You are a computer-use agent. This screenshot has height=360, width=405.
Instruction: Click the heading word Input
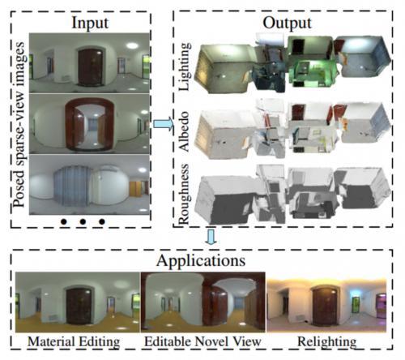pos(90,23)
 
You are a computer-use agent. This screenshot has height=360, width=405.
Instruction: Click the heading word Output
pos(287,23)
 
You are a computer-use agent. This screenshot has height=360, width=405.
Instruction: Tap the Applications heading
pos(201,260)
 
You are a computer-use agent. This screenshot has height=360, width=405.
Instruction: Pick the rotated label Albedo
pos(185,131)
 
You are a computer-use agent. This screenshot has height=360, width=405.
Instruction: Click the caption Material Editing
pos(74,341)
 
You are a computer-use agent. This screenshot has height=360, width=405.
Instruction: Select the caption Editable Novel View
pos(202,341)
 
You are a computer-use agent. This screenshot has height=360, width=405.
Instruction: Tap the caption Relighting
pos(326,342)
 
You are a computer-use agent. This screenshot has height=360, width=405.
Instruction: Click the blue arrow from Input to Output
pos(163,124)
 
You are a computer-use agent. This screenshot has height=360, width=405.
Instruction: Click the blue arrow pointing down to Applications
pos(211,237)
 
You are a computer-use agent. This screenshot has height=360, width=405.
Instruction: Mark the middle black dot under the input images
pos(83,221)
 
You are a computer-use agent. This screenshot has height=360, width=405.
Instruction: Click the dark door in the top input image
pos(90,67)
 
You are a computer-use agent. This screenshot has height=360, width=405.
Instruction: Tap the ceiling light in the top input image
pos(132,45)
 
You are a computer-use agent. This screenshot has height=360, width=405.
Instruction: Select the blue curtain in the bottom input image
pos(71,186)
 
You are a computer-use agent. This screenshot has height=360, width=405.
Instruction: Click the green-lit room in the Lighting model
pos(313,72)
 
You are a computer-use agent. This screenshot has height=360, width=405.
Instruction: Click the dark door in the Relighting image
pos(325,307)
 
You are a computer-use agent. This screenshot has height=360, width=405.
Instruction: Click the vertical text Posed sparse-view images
pos(19,124)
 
